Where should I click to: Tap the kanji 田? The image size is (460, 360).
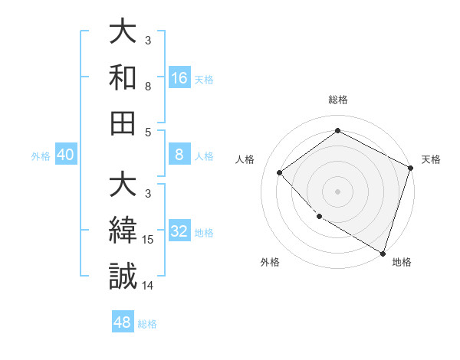tap(123, 123)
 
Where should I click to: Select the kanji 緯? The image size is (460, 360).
tap(123, 231)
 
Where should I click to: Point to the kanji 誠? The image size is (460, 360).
tap(123, 277)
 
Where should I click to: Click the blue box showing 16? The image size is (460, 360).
tap(179, 77)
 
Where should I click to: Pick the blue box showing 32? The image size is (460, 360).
tap(179, 231)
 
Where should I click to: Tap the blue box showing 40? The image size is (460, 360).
tap(66, 155)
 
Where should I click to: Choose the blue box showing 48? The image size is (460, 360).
tap(123, 322)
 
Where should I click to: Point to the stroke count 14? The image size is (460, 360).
tap(149, 286)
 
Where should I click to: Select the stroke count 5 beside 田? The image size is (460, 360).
tap(148, 132)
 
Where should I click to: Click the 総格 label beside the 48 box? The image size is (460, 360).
tap(147, 324)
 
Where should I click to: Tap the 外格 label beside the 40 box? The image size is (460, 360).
tap(41, 156)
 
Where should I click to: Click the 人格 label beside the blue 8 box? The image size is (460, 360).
tap(204, 156)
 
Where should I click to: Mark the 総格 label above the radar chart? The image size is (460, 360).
tap(337, 100)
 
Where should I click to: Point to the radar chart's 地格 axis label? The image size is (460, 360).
tap(402, 262)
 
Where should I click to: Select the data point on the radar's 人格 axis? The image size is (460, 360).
tap(280, 172)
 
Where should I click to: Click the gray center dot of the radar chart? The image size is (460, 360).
tap(337, 191)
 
